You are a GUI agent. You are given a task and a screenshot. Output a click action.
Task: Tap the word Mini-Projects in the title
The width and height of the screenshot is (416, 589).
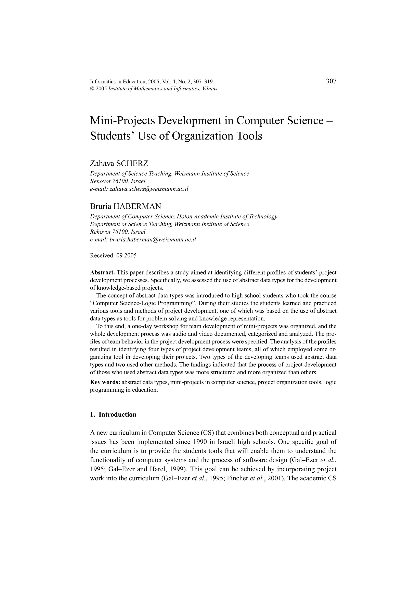[122, 121]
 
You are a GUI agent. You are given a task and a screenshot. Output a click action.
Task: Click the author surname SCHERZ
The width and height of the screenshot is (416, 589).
[134, 163]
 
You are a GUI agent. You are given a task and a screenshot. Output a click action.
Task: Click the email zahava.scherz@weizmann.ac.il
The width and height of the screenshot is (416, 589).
[149, 189]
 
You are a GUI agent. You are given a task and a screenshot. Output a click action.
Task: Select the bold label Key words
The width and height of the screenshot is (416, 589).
[105, 382]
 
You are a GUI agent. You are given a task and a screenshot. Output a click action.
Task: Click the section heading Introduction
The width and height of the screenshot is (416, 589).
[117, 415]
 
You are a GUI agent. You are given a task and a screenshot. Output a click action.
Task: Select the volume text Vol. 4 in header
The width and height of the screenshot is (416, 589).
[169, 82]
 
